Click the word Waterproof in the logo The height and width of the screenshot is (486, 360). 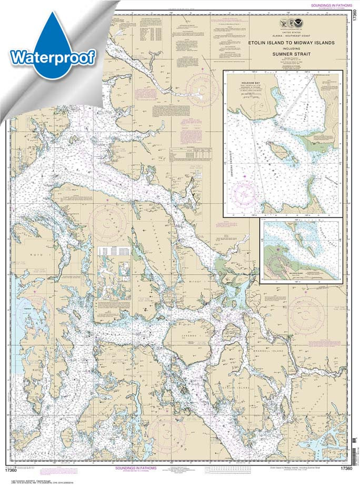pyautogui.click(x=53, y=56)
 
